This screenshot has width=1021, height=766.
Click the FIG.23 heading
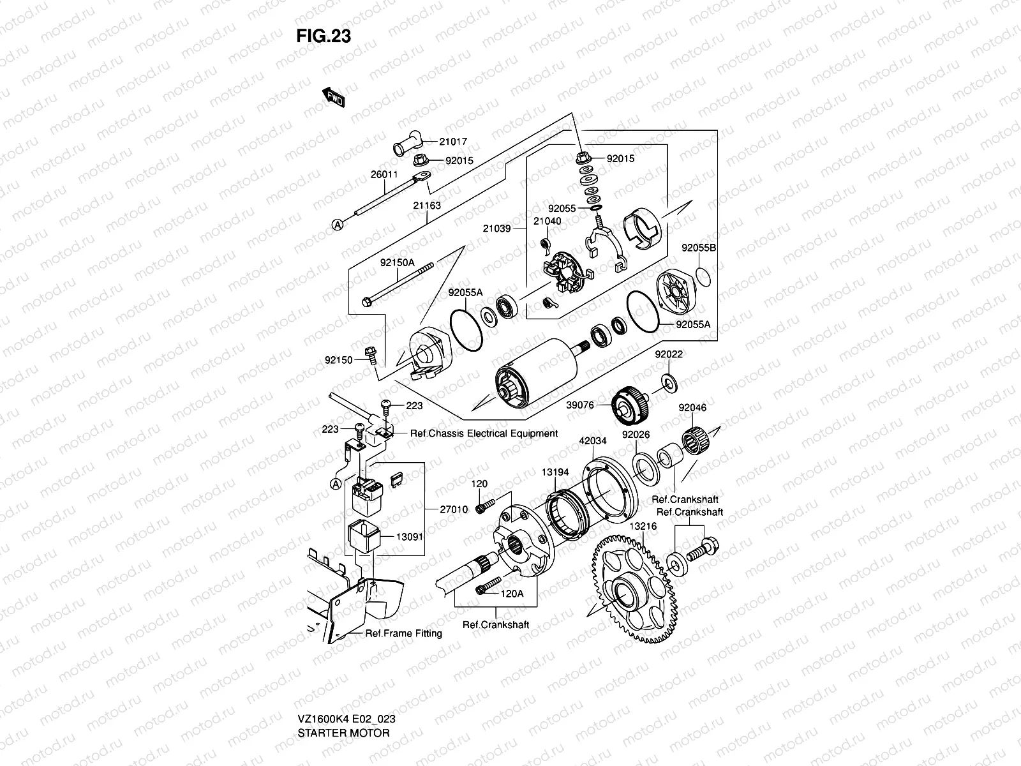coord(324,36)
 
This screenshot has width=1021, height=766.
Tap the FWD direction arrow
coord(334,97)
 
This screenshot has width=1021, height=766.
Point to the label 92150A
coord(397,262)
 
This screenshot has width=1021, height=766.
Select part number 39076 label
coord(580,405)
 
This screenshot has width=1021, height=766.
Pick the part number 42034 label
coord(593,440)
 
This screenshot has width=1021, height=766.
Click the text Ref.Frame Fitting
coord(403,633)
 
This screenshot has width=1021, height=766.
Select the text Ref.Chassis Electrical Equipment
coord(484,433)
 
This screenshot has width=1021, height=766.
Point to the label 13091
coord(410,537)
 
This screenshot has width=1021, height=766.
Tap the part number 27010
coord(454,509)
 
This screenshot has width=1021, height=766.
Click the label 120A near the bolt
coord(512,593)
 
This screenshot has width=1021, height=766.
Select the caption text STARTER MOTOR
coord(343,732)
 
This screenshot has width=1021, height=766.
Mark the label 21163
coord(427,206)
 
